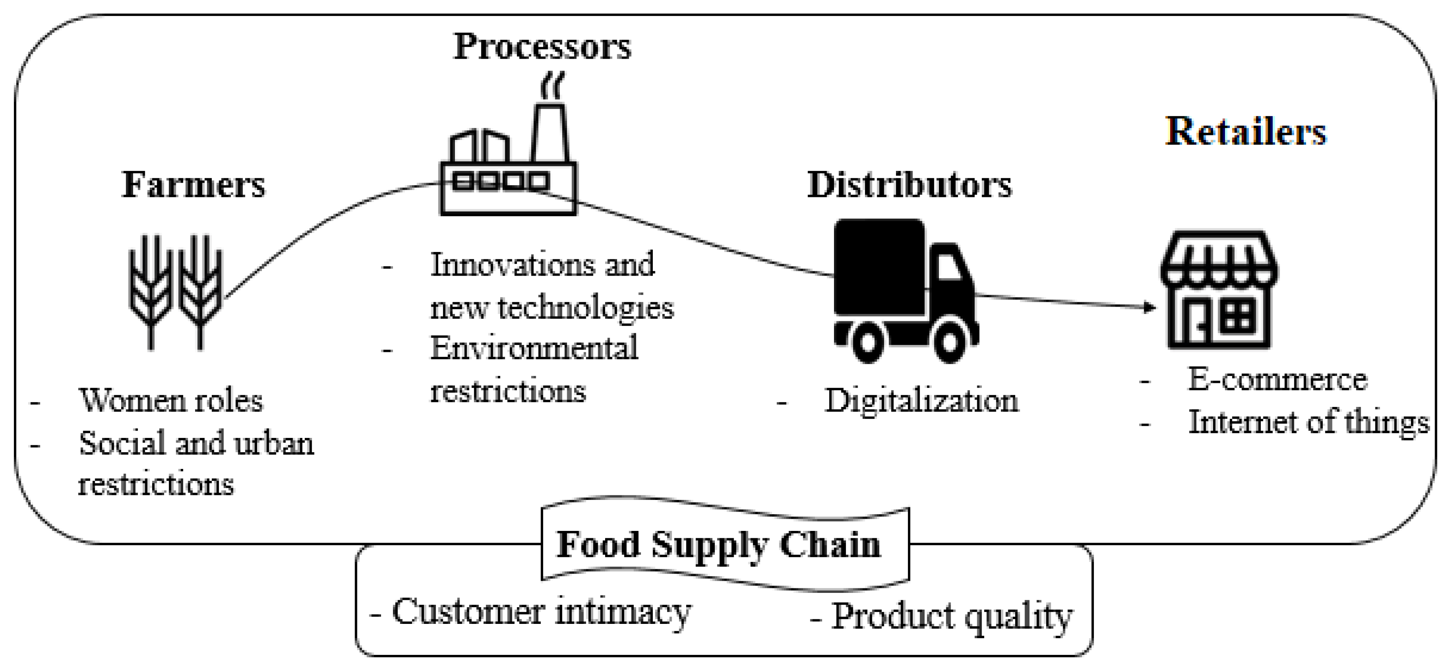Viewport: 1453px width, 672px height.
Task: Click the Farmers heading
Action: (x=193, y=185)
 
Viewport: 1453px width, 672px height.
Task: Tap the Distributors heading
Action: (x=909, y=185)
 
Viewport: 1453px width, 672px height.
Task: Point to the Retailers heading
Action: (x=1245, y=132)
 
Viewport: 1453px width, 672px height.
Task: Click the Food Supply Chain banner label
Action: (x=718, y=545)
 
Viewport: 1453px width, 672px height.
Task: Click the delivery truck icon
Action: (x=906, y=290)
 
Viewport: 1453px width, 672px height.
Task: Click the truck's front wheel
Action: (x=949, y=341)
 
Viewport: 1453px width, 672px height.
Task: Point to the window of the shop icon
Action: (x=1238, y=315)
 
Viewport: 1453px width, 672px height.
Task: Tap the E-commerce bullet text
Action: (x=1278, y=379)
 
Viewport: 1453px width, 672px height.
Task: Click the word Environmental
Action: (x=534, y=348)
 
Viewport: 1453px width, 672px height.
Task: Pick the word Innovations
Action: (x=512, y=264)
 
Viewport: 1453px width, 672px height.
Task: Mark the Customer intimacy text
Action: (x=541, y=612)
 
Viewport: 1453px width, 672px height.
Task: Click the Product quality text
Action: (x=952, y=616)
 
